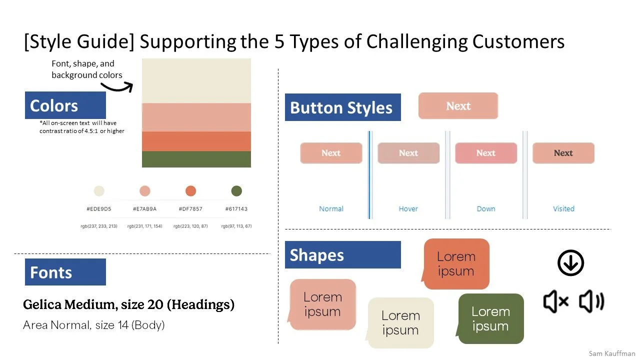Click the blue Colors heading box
pos(65,105)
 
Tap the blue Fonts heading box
pos(65,272)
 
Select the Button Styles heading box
pos(342,107)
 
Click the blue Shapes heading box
pos(342,255)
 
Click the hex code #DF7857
pos(190,208)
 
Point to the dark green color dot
pos(236,190)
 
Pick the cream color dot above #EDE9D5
pos(99,190)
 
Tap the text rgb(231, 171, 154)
pos(144,226)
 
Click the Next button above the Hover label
pos(408,153)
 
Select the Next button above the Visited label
pos(563,153)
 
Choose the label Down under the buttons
pos(485,208)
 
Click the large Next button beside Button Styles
pos(458,106)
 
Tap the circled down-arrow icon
pos(570,262)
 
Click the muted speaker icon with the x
pos(555,301)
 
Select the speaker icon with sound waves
pos(591,301)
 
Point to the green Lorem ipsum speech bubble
pos(490,318)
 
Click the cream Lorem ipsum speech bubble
pos(400,322)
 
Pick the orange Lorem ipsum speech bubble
pos(455,263)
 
